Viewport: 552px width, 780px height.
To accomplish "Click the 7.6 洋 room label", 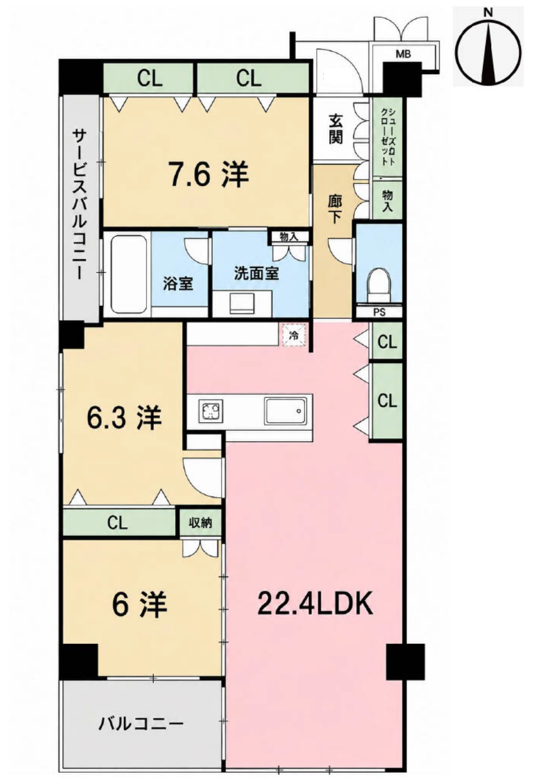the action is coord(208,174).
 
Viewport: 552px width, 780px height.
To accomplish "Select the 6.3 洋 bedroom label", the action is coord(124,418).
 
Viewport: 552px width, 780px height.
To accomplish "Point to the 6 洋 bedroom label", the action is coord(139,604).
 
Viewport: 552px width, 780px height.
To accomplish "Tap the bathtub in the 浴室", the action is coord(129,274).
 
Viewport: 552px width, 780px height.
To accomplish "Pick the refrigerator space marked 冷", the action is coord(294,335).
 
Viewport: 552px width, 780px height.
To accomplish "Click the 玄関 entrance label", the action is coord(336,129).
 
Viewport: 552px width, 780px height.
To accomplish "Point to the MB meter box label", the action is coord(403,54).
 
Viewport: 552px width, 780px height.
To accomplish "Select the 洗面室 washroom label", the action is coord(257,273).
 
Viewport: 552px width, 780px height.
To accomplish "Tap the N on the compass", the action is coord(488,12).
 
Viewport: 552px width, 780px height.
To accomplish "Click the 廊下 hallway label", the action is coord(335,209).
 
